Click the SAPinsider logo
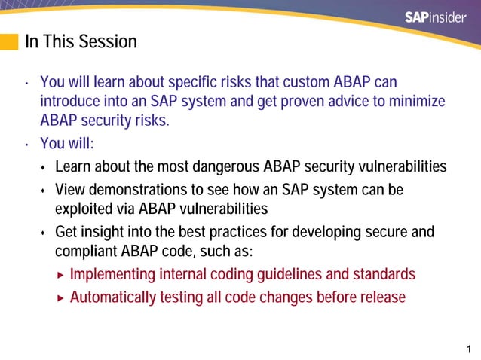[436, 18]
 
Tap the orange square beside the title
[9, 41]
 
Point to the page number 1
[469, 349]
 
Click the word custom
[293, 81]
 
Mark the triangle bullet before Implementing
[62, 274]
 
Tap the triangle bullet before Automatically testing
[62, 297]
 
